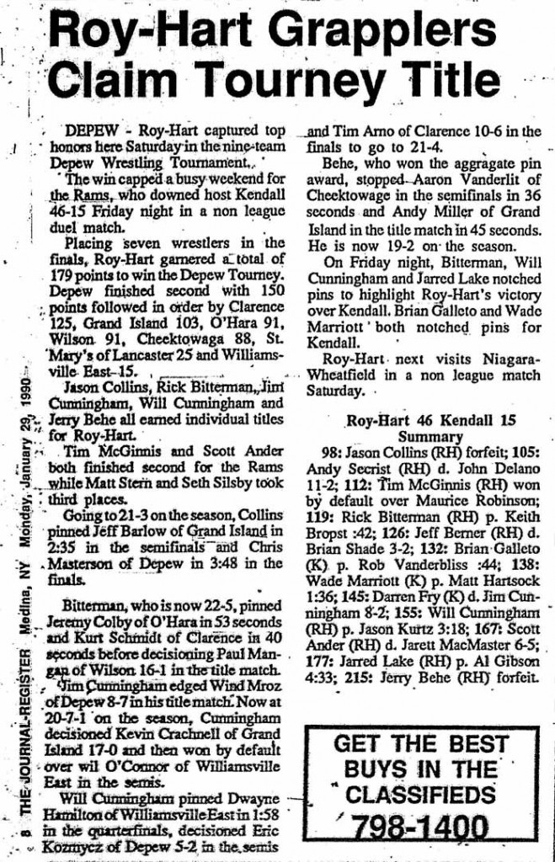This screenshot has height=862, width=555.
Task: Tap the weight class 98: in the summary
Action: coord(320,450)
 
